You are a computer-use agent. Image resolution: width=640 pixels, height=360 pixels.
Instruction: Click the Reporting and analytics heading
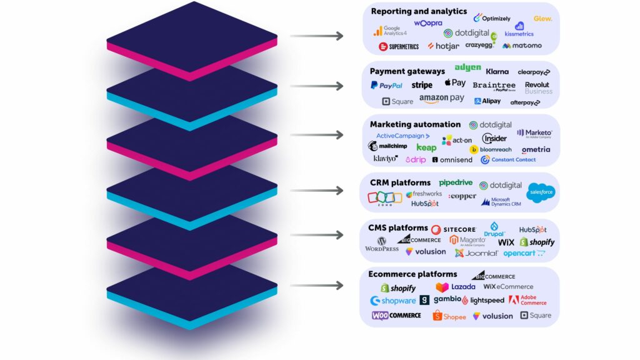click(x=419, y=11)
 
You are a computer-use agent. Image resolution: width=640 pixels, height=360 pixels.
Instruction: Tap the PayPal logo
click(x=386, y=86)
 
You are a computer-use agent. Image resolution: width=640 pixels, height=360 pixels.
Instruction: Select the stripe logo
click(x=422, y=86)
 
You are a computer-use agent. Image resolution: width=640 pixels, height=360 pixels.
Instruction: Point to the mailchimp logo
click(x=387, y=146)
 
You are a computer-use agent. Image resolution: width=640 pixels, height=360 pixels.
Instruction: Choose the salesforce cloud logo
click(x=541, y=192)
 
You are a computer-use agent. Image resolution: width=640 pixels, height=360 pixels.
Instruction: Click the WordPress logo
click(x=381, y=244)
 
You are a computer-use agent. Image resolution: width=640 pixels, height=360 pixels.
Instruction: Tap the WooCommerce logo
click(x=396, y=316)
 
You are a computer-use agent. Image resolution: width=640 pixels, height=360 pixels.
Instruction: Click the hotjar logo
click(x=443, y=46)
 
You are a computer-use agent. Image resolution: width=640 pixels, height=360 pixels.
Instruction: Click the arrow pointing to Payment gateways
click(x=316, y=86)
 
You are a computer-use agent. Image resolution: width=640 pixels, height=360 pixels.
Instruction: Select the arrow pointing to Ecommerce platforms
click(x=316, y=286)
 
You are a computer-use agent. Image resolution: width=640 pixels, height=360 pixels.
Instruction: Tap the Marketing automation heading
click(x=415, y=124)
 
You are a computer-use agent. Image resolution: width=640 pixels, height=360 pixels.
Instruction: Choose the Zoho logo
click(x=385, y=197)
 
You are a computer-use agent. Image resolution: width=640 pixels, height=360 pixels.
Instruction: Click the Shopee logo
click(x=449, y=316)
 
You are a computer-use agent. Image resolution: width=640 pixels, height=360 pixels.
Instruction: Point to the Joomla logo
click(x=476, y=253)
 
